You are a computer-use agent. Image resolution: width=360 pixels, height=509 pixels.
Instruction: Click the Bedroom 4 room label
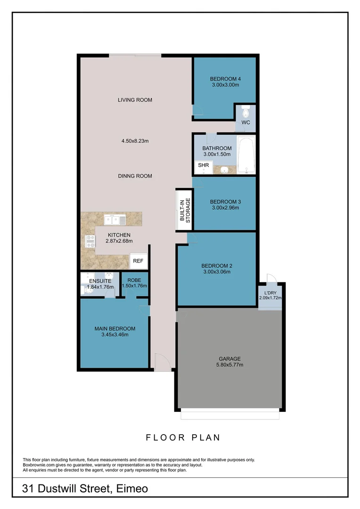tap(225, 79)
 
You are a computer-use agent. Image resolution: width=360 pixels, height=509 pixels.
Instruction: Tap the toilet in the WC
tap(245, 113)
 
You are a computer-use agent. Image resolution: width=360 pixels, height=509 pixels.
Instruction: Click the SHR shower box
tap(203, 166)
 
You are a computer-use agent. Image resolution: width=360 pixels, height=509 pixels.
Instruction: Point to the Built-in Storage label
tap(185, 210)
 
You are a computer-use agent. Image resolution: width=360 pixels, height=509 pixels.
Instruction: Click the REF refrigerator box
tap(138, 261)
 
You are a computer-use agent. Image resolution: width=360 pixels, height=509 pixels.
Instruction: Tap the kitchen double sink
tap(115, 219)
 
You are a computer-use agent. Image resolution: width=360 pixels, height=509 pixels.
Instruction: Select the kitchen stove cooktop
tap(90, 242)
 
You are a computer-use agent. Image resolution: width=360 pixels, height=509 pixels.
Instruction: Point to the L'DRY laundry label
tap(270, 293)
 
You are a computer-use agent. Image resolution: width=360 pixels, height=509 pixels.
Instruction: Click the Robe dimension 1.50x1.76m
tap(135, 286)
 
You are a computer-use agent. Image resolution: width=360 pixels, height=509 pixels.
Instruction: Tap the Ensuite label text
tap(99, 281)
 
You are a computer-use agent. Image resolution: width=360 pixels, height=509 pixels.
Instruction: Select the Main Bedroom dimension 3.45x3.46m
tap(115, 335)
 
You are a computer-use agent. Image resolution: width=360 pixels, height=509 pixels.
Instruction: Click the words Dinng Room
tap(135, 176)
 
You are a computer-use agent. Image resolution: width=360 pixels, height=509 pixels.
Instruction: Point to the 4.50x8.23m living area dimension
tap(135, 140)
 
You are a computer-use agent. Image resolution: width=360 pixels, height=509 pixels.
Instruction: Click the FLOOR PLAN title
tap(183, 437)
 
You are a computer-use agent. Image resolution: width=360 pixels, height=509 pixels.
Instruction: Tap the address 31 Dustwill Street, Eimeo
tap(85, 489)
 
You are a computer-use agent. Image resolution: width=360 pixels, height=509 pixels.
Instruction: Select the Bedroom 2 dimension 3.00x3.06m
tap(217, 271)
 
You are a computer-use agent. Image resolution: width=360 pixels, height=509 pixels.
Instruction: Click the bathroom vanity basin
tap(226, 170)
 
